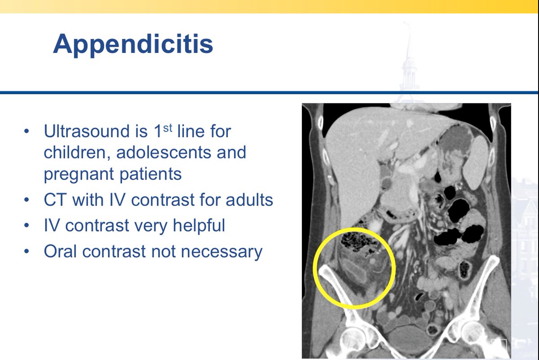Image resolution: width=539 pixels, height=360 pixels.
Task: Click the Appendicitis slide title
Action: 133,44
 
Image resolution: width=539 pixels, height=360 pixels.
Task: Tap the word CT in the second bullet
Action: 55,200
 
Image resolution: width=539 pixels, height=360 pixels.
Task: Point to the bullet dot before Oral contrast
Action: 27,252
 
